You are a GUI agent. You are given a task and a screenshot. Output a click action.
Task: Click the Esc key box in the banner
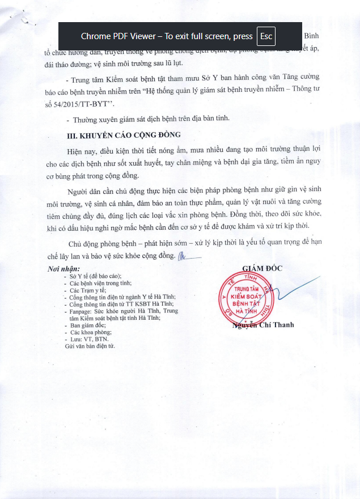pos(266,36)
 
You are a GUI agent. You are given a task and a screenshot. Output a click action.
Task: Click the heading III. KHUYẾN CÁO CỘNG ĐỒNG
pos(120,135)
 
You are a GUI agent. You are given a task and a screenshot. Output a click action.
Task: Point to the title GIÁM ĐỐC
pos(262,268)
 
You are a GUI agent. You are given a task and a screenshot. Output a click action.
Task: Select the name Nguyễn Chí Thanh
pos(263,325)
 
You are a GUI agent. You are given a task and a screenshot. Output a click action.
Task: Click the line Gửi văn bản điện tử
pos(90,345)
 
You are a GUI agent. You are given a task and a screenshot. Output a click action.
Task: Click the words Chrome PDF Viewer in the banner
pos(118,36)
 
